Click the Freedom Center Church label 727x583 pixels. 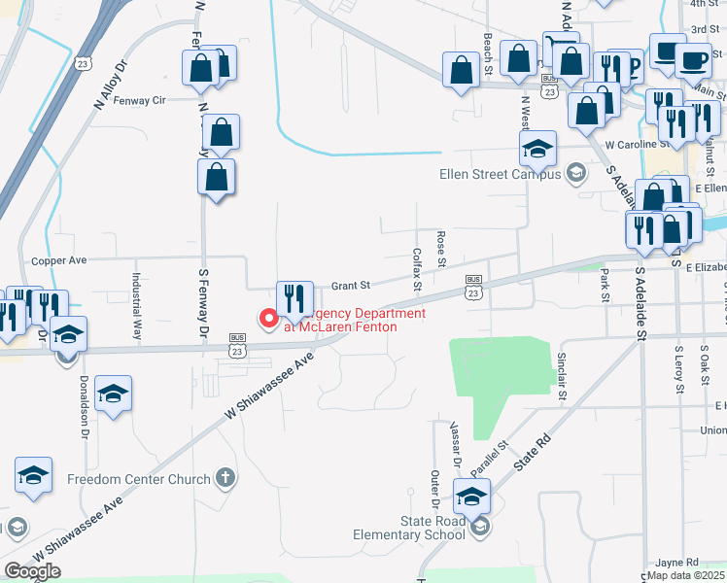tap(138, 479)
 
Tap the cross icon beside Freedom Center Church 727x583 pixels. tap(225, 478)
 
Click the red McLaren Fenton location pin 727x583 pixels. tap(265, 318)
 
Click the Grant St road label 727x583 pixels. tap(352, 286)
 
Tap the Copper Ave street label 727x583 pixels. tap(59, 260)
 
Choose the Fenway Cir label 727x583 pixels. tap(140, 100)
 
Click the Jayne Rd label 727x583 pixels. tap(676, 563)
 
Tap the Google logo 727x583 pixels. tap(33, 571)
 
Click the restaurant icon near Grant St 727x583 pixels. tap(294, 299)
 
